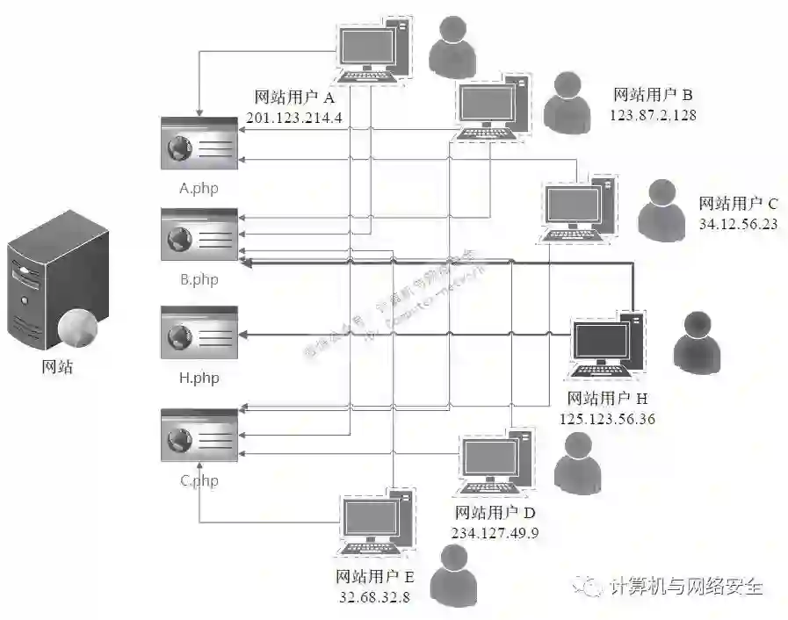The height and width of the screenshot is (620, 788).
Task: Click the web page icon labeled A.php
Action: tap(198, 143)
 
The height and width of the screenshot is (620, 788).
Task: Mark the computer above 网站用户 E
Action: tap(376, 523)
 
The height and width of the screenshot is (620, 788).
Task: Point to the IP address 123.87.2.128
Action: tap(653, 114)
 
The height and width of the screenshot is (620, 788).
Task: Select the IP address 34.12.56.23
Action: tap(738, 223)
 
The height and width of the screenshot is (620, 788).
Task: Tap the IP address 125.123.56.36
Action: tap(607, 419)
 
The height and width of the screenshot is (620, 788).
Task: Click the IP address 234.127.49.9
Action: tap(495, 533)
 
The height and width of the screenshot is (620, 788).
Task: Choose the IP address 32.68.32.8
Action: tap(374, 596)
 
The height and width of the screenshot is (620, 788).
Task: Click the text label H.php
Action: tap(198, 378)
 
